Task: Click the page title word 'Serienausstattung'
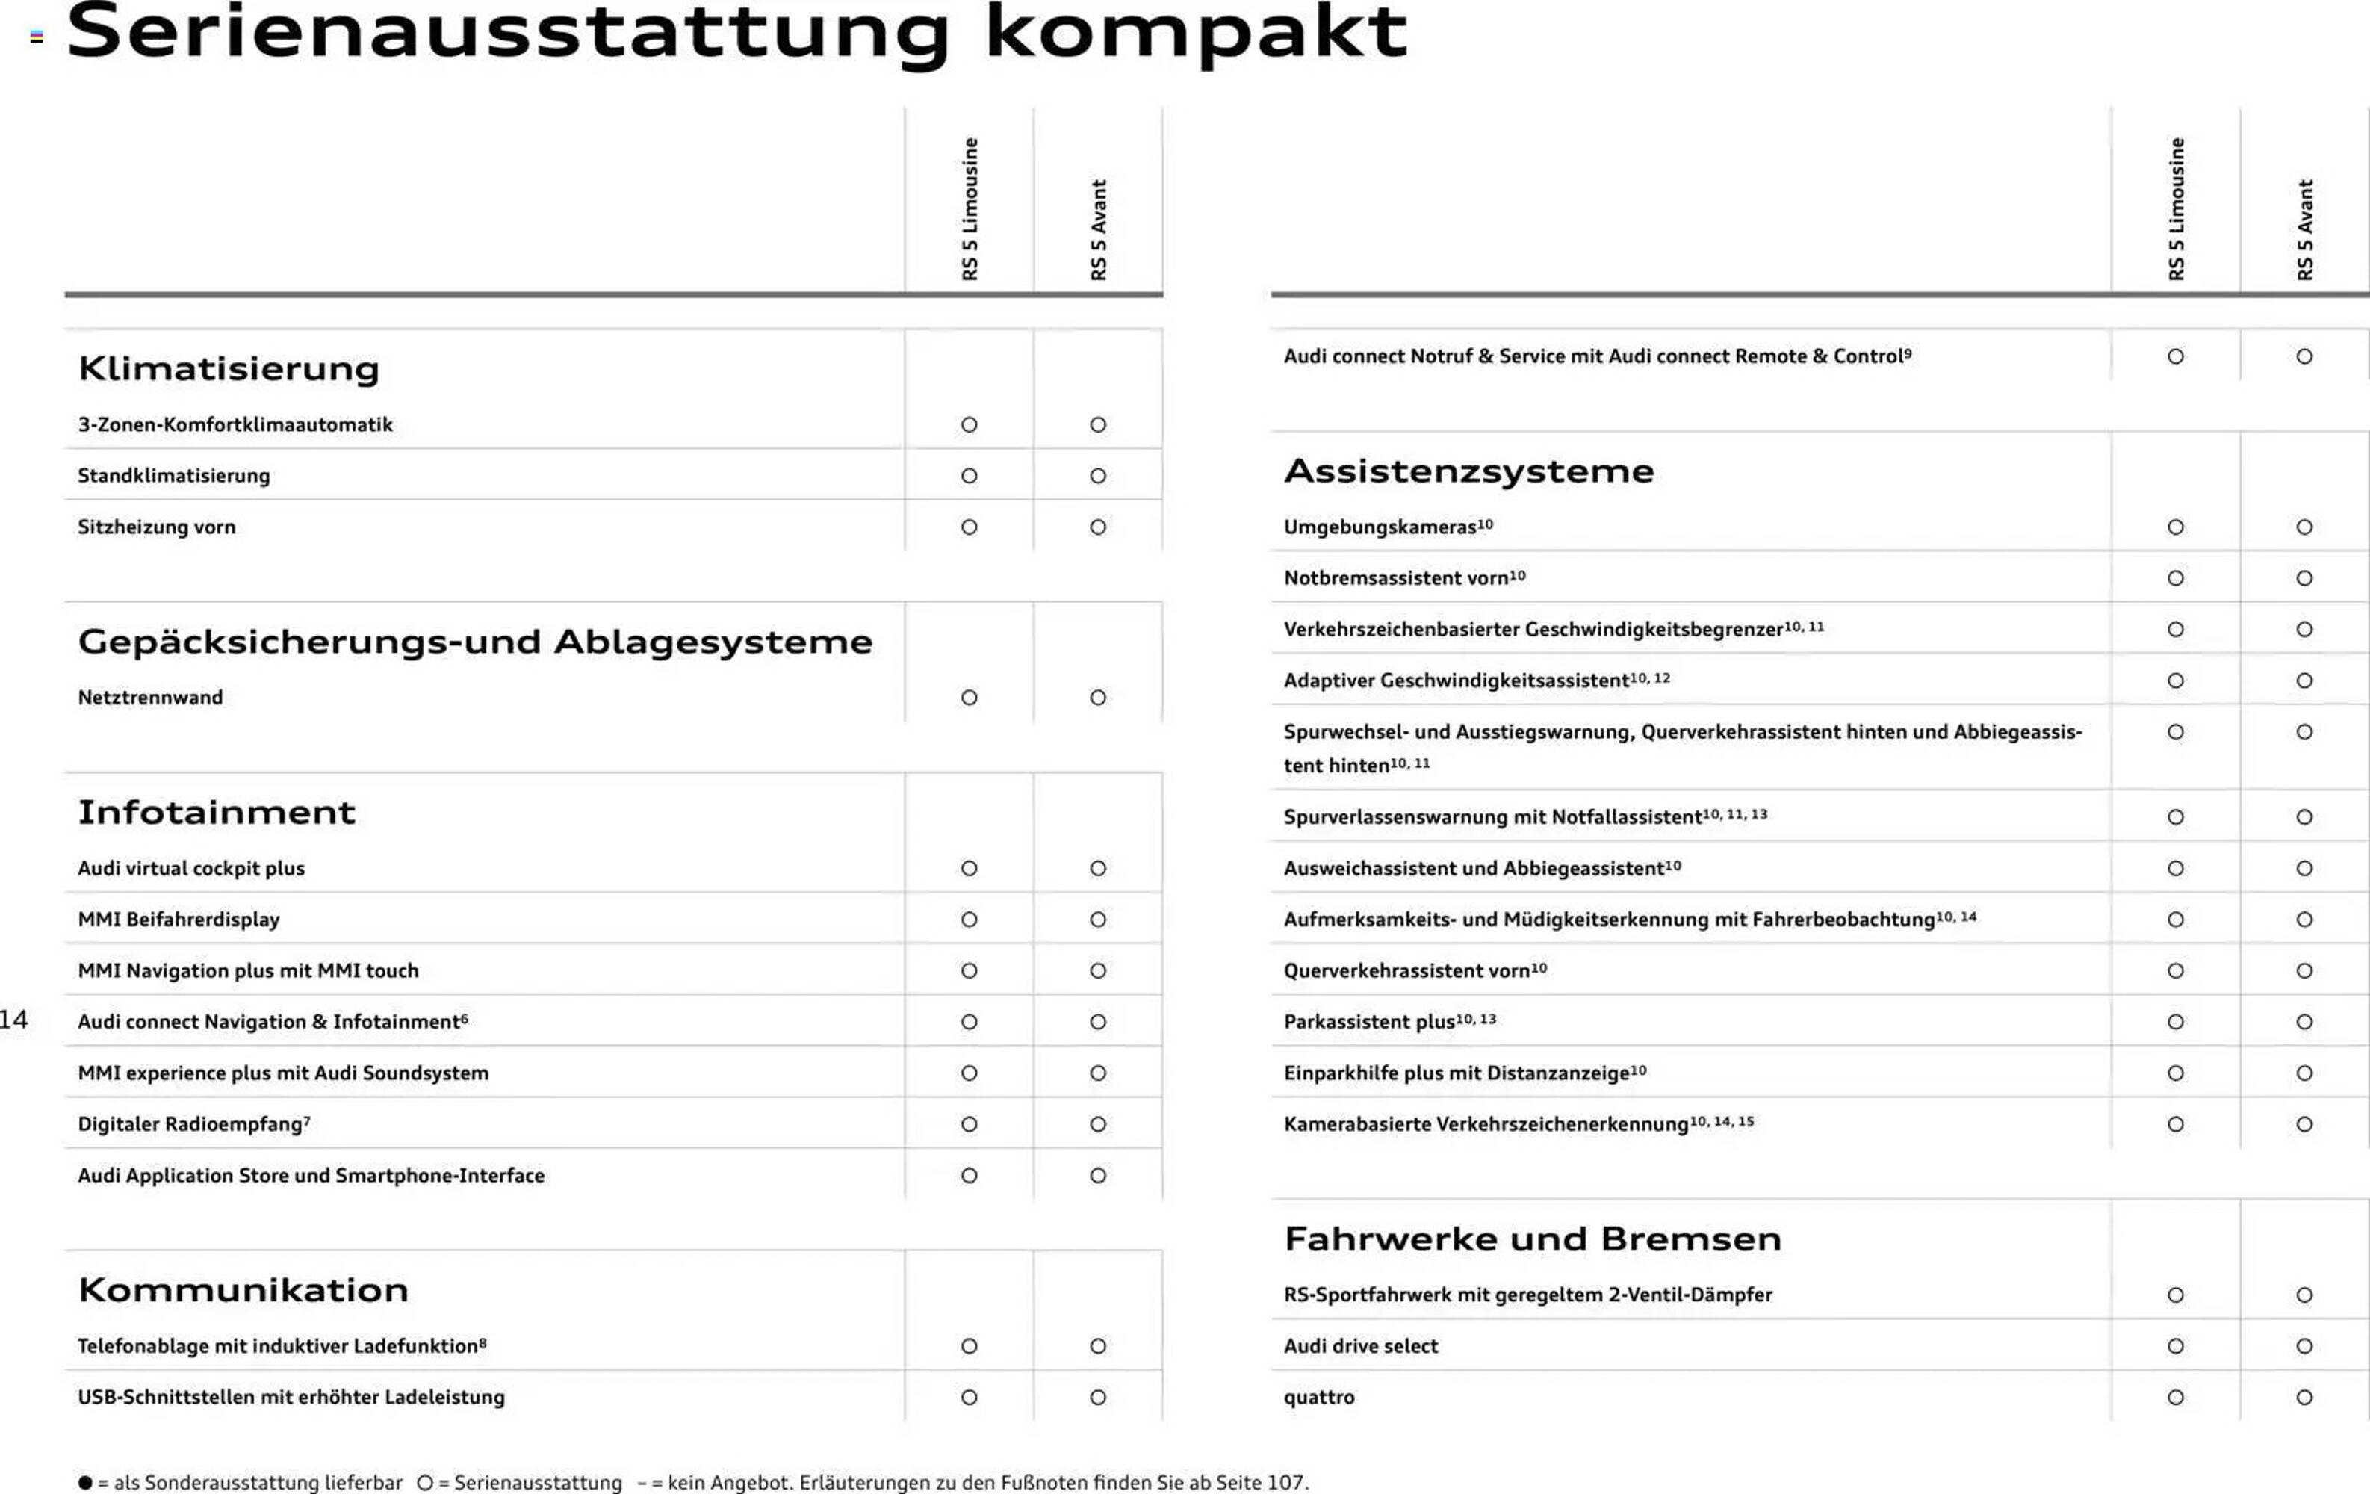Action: pos(507,34)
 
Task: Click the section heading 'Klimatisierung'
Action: pos(229,368)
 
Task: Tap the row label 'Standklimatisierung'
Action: pos(173,475)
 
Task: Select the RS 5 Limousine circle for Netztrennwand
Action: pos(970,698)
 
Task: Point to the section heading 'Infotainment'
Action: pos(217,812)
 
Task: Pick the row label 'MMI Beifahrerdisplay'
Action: pos(179,920)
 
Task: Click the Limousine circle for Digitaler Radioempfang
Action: pos(970,1124)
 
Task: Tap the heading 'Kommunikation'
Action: pos(243,1289)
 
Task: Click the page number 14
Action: pos(13,1020)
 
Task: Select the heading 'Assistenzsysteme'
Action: pos(1468,471)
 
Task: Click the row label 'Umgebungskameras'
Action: pos(1380,527)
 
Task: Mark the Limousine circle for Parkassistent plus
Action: pos(2175,1022)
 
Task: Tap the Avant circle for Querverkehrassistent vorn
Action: pos(2304,970)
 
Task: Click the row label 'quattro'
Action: pos(1319,1398)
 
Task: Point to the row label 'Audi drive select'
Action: pos(1360,1346)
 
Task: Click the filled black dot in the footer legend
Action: pos(86,1482)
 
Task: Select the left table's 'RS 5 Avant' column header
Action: pos(1099,229)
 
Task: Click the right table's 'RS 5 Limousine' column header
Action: pos(2175,208)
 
